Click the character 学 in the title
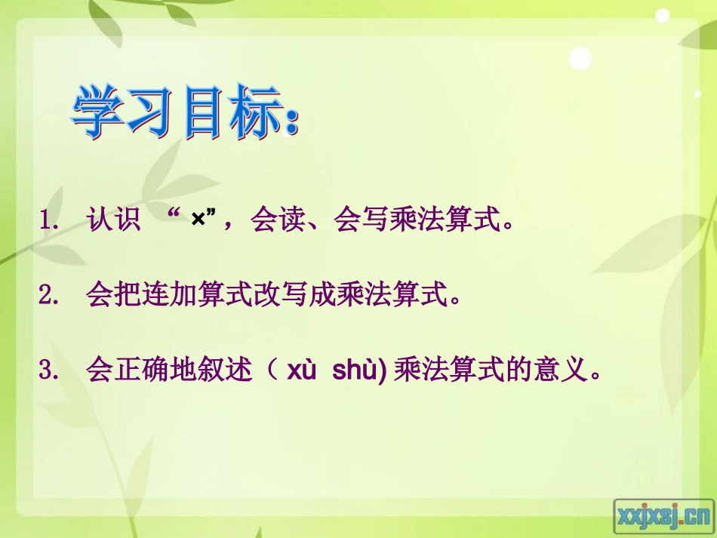point(98,114)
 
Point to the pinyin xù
point(302,370)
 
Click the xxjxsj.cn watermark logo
point(663,515)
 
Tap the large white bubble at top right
point(580,58)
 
